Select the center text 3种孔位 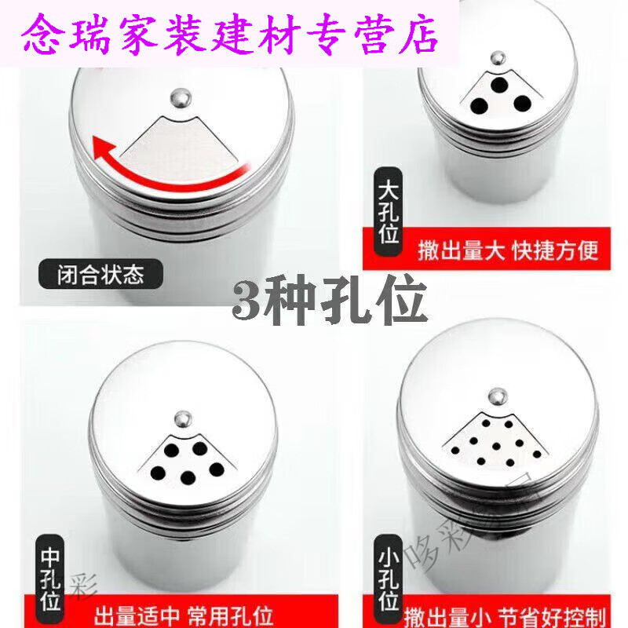click(x=330, y=302)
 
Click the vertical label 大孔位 click(x=389, y=212)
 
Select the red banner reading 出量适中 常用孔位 click(x=202, y=612)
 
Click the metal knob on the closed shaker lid click(x=180, y=97)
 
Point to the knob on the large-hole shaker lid click(x=497, y=58)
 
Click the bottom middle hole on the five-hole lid click(x=188, y=476)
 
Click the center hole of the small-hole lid click(x=496, y=448)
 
